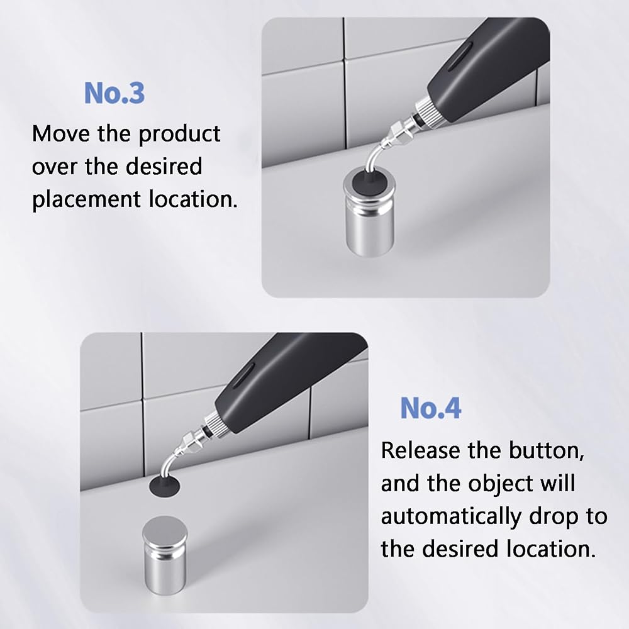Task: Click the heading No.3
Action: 114,93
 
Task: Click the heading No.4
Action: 430,408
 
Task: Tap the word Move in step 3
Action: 62,133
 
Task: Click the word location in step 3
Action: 193,199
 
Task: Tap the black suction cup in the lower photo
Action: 164,485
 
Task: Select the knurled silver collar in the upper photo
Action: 424,109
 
